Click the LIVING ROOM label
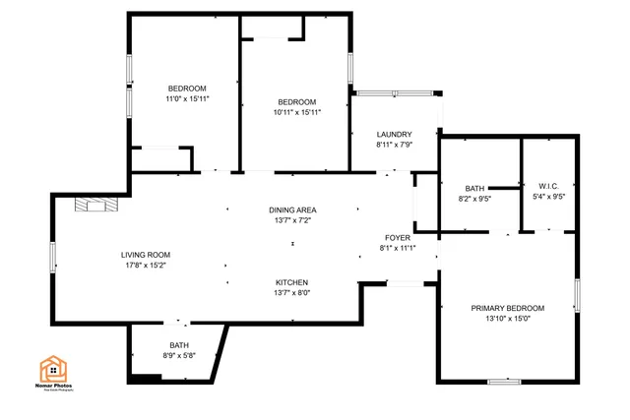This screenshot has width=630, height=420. [146, 255]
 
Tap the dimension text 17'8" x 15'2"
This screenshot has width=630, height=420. [146, 266]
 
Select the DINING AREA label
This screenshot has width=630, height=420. [292, 210]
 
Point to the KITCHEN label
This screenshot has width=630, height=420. [292, 281]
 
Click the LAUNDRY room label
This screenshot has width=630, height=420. [394, 134]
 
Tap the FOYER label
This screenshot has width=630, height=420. [398, 237]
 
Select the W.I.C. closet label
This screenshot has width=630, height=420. [548, 185]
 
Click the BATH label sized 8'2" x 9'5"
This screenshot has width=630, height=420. [474, 188]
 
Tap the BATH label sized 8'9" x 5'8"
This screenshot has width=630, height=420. [179, 345]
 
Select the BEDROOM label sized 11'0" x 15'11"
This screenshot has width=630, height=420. [187, 89]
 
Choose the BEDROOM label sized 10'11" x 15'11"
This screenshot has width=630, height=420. [296, 101]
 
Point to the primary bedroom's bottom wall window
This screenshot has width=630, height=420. [504, 381]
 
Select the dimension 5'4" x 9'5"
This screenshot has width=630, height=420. [548, 196]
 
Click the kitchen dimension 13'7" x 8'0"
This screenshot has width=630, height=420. [292, 292]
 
